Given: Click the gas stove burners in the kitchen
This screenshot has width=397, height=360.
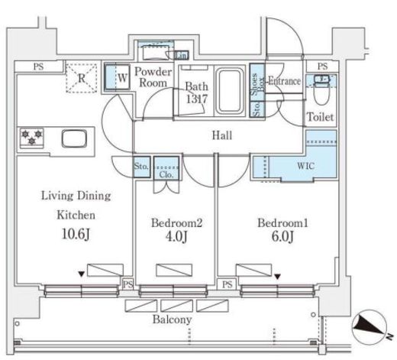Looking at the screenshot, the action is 32,138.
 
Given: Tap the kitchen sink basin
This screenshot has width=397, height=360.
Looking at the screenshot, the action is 74,138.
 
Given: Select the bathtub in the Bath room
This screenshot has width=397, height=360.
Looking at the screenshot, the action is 230,91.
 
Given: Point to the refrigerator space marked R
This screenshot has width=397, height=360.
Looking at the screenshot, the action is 82,78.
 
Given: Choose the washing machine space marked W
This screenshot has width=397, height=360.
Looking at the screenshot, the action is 117,77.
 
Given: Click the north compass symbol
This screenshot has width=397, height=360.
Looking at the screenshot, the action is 370,327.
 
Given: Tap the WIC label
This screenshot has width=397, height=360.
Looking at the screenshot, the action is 305,166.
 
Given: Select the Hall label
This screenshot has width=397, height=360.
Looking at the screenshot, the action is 222,135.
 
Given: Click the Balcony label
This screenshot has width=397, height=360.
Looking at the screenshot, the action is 172,319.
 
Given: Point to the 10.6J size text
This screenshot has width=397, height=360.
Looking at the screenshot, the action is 76,234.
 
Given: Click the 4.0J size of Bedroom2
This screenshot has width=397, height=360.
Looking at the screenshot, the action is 176,236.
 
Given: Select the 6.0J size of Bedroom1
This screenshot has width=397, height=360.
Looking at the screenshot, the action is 282,236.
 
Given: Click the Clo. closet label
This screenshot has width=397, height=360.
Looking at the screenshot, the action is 166,175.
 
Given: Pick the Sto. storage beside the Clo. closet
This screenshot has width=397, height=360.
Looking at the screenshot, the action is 141,167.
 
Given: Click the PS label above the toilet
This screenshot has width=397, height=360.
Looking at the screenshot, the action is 322,66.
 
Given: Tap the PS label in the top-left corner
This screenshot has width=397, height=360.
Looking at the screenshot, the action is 38,66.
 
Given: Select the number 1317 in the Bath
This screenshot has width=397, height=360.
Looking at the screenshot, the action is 196,99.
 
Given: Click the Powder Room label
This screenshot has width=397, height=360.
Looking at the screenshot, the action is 153,77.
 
